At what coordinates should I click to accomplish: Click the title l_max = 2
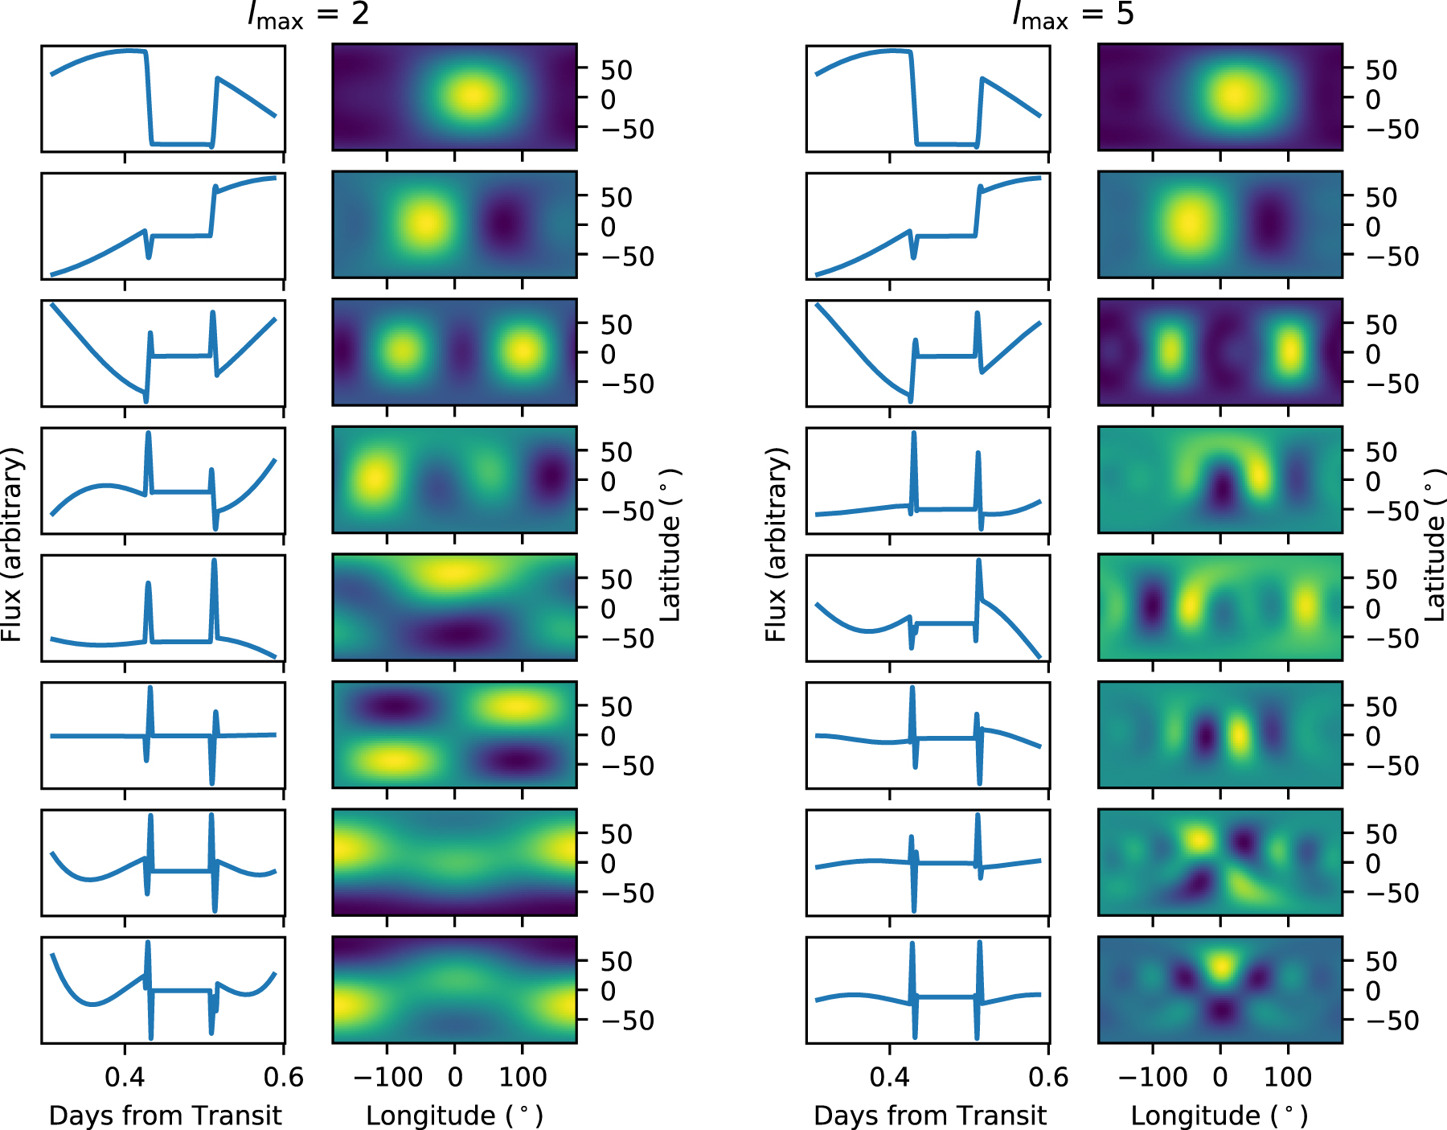coord(308,14)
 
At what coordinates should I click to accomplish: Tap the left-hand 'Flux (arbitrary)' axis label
coord(11,544)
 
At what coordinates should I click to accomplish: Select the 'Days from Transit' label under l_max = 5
coord(930,1116)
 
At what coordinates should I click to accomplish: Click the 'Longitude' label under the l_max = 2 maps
coord(454,1116)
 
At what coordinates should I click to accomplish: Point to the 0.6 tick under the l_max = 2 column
coord(283,1077)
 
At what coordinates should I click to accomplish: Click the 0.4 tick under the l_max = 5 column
coord(889,1077)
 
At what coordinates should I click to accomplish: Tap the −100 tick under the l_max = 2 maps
coord(387,1077)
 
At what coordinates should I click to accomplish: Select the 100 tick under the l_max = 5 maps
coord(1288,1077)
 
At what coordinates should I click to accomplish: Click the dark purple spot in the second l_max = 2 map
coord(504,223)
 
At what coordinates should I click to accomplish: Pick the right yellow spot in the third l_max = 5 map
coord(1289,351)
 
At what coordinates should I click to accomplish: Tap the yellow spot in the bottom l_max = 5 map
coord(1220,965)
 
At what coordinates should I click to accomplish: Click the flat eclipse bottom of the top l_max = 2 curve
coord(181,144)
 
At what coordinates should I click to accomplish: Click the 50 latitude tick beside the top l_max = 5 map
coord(1381,70)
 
